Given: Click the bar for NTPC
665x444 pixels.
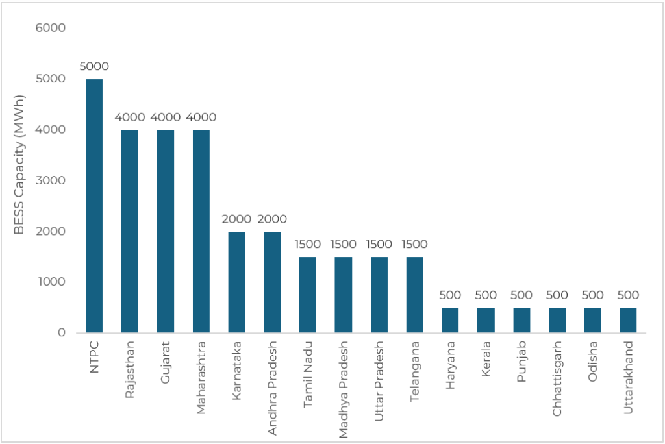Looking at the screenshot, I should click(x=94, y=206).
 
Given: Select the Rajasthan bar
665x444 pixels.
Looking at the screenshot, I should click(x=130, y=231).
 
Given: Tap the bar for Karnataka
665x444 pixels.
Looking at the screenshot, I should click(x=236, y=282).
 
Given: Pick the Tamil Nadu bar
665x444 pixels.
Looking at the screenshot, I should click(x=308, y=295).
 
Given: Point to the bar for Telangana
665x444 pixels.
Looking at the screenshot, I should click(x=414, y=295).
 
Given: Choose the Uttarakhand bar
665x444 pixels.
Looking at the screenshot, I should click(x=628, y=320).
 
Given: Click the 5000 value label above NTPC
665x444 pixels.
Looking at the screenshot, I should click(x=94, y=66).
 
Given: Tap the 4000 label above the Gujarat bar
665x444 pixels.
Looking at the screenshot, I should click(x=166, y=117).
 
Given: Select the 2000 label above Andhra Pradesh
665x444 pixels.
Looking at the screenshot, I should click(x=272, y=219).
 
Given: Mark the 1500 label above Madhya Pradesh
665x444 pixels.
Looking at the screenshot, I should click(x=344, y=244).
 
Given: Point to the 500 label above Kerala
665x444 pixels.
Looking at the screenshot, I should click(x=486, y=295).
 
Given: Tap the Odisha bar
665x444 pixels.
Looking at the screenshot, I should click(x=592, y=320).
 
